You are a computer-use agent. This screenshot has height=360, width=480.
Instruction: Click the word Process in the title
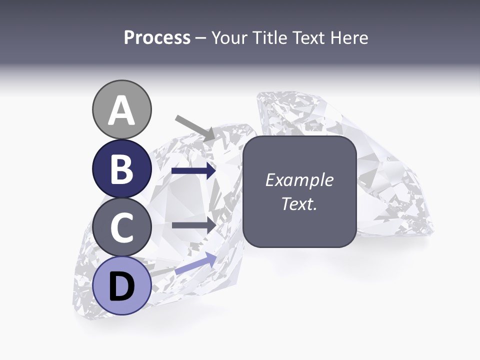coord(157,38)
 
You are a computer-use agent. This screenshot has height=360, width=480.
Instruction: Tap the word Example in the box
coord(299,180)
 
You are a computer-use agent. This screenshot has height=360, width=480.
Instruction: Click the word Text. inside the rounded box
coord(299,204)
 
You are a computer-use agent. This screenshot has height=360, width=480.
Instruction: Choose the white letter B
coord(122,169)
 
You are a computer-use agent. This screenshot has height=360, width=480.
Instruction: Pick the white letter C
coord(122,228)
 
